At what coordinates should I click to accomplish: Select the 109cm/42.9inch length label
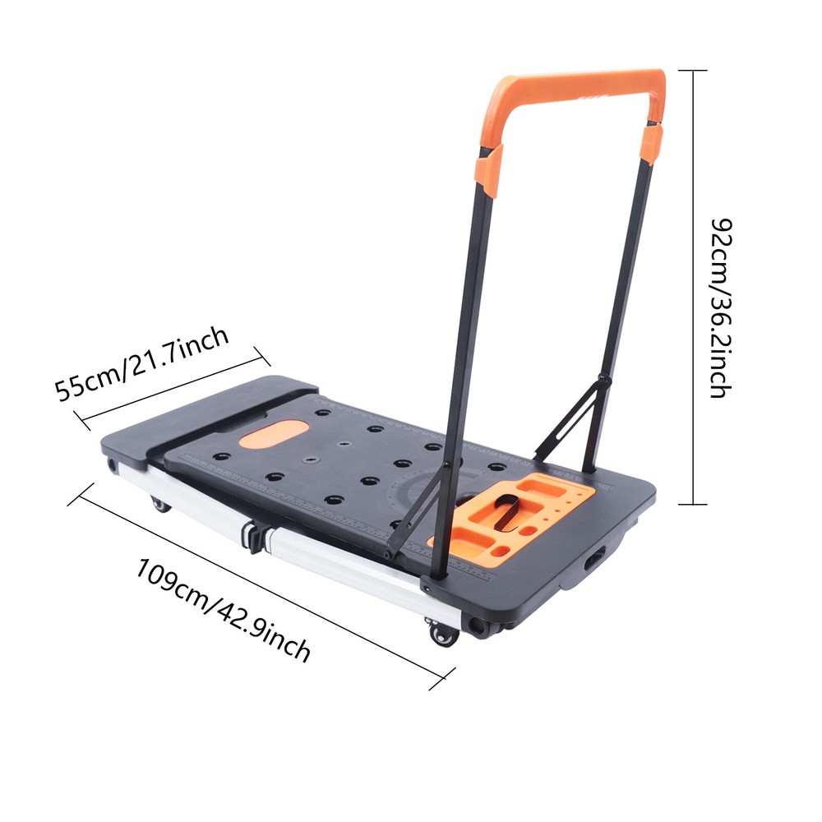pos(224,610)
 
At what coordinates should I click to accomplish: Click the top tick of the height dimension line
pos(695,71)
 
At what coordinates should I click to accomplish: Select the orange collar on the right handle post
pos(652,141)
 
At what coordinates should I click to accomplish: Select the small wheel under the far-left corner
pos(112,466)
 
